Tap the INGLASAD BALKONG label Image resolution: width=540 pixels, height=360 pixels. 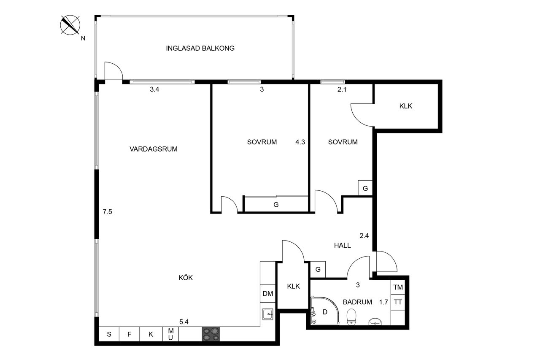tap(200, 48)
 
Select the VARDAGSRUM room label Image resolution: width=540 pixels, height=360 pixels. tap(154, 149)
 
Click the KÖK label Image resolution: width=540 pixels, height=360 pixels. tap(186, 278)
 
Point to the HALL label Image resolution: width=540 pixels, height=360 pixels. tap(342, 246)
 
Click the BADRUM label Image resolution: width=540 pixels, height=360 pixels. tap(357, 302)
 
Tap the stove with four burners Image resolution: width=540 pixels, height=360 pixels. tap(211, 334)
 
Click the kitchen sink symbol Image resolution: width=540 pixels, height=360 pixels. tap(268, 314)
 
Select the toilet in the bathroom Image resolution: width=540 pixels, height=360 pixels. tap(351, 317)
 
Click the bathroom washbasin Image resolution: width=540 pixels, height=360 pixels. tap(375, 322)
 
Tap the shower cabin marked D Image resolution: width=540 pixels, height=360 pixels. tap(325, 311)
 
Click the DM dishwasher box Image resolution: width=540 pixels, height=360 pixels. tap(268, 293)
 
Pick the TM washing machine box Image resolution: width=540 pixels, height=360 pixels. tap(398, 287)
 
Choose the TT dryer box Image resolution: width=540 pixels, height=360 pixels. tap(398, 302)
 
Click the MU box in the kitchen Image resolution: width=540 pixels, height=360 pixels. tap(171, 334)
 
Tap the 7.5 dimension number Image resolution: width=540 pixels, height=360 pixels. tap(107, 212)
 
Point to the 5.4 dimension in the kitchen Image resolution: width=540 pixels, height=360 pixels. tap(184, 322)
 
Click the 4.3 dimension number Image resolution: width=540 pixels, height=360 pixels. tap(300, 142)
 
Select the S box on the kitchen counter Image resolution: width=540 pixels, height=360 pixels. tap(109, 334)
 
